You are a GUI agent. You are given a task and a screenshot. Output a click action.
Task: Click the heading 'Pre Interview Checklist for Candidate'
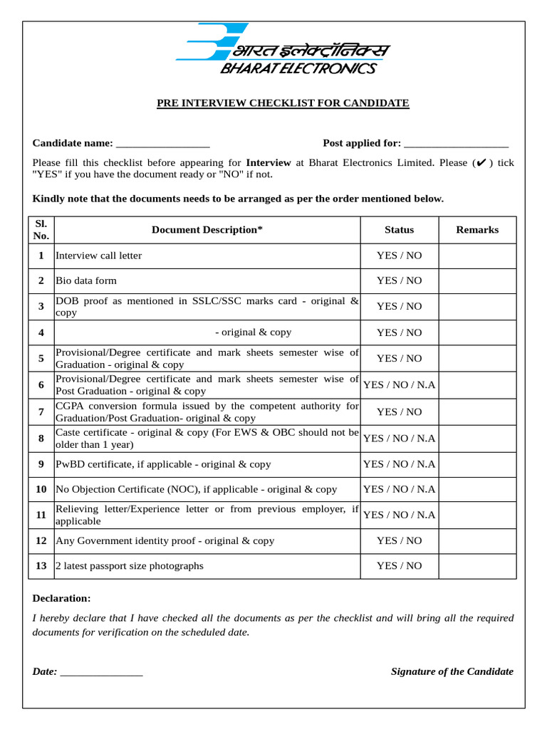pyautogui.click(x=283, y=103)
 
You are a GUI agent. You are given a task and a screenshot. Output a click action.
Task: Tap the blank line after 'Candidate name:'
pyautogui.click(x=162, y=144)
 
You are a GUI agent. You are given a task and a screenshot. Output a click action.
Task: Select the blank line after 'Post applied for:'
pyautogui.click(x=456, y=144)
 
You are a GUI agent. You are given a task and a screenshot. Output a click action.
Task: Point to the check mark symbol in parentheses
pyautogui.click(x=480, y=163)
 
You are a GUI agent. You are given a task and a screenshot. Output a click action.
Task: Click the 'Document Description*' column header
pyautogui.click(x=207, y=230)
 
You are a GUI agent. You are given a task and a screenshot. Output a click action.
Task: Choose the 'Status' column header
pyautogui.click(x=399, y=230)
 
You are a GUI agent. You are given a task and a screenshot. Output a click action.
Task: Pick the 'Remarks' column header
pyautogui.click(x=477, y=230)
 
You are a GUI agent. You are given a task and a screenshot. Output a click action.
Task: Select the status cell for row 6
pyautogui.click(x=399, y=385)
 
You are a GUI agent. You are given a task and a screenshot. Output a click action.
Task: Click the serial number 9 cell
pyautogui.click(x=41, y=464)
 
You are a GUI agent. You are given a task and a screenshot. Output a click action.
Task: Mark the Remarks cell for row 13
pyautogui.click(x=477, y=566)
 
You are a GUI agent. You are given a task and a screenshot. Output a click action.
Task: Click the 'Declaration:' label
pyautogui.click(x=62, y=599)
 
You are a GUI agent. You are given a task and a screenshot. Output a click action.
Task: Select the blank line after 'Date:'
pyautogui.click(x=102, y=672)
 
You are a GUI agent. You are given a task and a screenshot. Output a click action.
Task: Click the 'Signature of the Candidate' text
pyautogui.click(x=452, y=672)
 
